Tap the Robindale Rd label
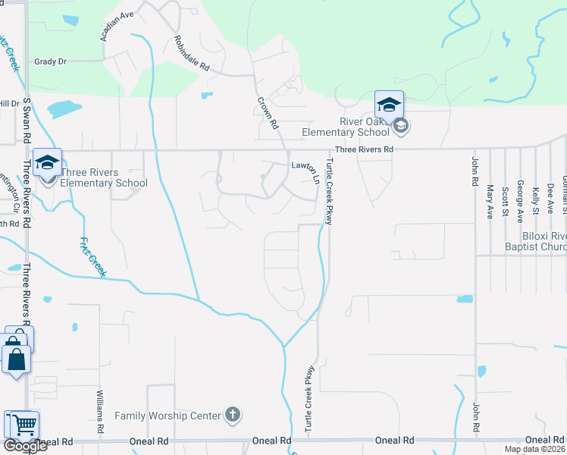pos(191,53)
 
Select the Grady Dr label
pos(51,61)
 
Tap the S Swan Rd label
pos(27,121)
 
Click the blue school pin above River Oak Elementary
pos(389,105)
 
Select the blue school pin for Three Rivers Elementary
pos(47,162)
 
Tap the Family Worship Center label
pos(168,416)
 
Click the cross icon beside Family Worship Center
pos(233,416)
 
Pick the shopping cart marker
pos(21,425)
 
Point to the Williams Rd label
pos(100,412)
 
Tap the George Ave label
pos(520,200)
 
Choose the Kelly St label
pos(535,201)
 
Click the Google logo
pos(25,446)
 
